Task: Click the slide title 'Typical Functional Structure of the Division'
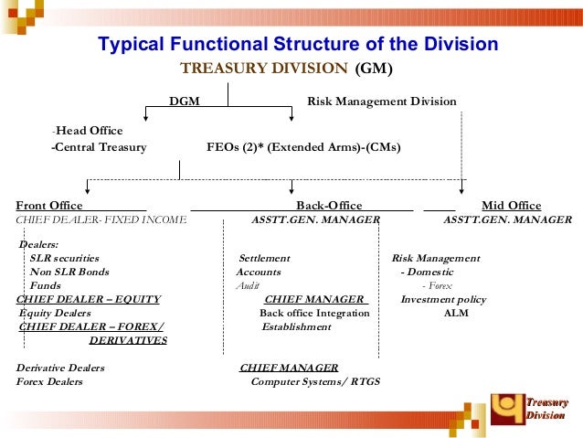click(298, 45)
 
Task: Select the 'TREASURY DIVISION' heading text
click(263, 69)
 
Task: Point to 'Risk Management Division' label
click(381, 101)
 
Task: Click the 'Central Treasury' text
click(100, 146)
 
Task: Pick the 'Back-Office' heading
click(329, 205)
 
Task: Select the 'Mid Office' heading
click(511, 205)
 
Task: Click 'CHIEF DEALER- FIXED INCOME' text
click(101, 219)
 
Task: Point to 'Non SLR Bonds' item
click(69, 272)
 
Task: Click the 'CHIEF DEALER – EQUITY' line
click(89, 299)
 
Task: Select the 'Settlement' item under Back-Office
click(264, 258)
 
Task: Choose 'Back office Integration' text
click(314, 313)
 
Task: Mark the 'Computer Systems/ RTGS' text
click(315, 381)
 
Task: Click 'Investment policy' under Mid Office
click(443, 299)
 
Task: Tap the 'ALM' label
click(455, 313)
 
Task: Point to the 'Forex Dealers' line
click(49, 381)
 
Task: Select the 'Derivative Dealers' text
click(60, 368)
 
